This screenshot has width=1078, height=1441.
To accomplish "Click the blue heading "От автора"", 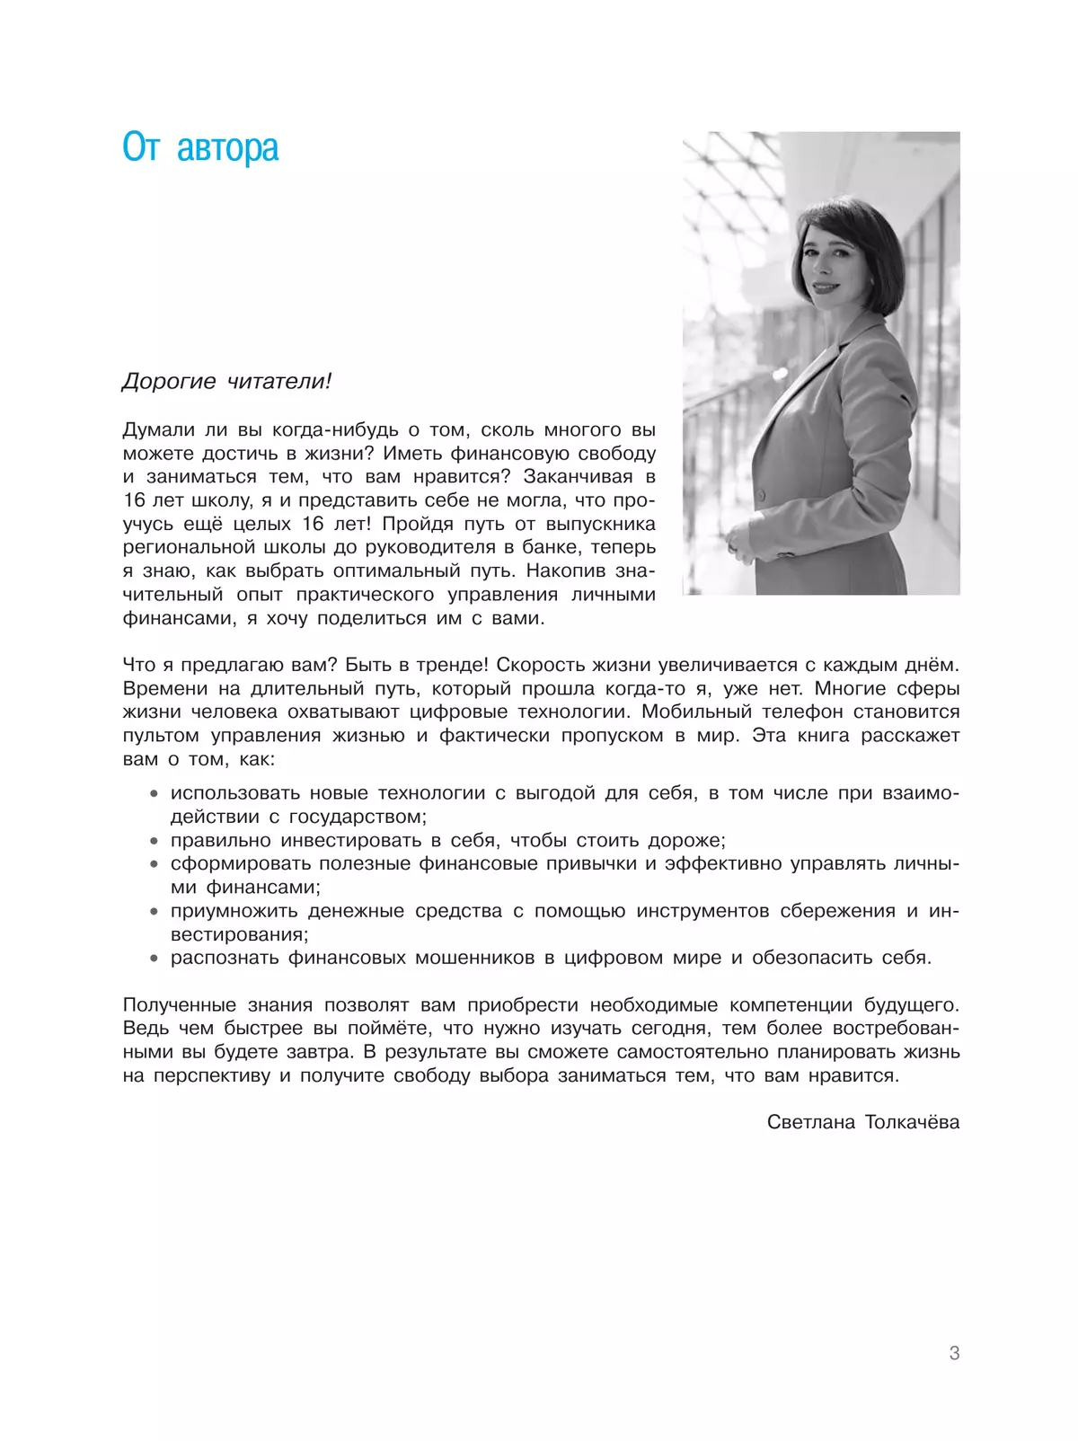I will click(200, 148).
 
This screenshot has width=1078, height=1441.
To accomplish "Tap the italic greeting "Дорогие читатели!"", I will click(226, 382).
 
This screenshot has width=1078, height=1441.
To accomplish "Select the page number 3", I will click(954, 1353).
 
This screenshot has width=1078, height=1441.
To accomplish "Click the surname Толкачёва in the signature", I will click(912, 1122).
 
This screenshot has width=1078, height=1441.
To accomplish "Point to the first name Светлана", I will click(811, 1122).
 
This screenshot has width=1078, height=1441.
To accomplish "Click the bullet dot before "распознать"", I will click(154, 959).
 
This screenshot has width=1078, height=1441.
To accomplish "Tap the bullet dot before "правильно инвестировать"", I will click(154, 841).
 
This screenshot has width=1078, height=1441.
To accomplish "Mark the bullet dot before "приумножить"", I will click(154, 911).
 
